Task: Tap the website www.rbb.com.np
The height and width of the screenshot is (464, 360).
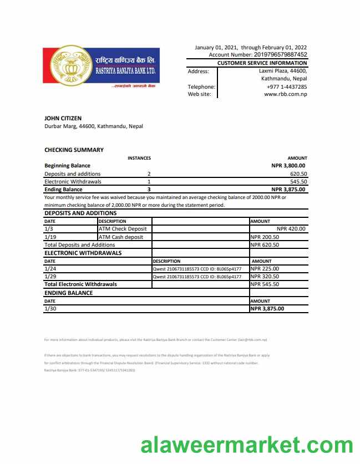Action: [286, 94]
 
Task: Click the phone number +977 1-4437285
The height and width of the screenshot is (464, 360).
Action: [287, 86]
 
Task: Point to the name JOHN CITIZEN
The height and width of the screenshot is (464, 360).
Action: [63, 118]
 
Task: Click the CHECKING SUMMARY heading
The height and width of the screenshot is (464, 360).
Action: [74, 150]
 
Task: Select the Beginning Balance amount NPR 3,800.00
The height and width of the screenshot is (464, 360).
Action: [288, 165]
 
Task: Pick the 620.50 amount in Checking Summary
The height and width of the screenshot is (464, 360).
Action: [298, 174]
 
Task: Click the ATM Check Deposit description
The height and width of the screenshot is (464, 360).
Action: [123, 228]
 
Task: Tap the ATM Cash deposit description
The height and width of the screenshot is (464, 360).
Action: [121, 237]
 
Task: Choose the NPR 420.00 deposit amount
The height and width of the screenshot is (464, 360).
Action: [291, 228]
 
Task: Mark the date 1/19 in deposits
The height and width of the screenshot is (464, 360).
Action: [49, 237]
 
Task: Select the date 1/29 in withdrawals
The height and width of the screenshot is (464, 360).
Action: [49, 276]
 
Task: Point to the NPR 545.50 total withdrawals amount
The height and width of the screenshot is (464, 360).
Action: [265, 284]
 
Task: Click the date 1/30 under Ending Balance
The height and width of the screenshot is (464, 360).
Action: [49, 309]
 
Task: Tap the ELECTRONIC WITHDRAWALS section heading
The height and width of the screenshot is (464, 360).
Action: [83, 253]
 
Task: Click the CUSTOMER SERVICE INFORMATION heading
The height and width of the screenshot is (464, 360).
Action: [262, 63]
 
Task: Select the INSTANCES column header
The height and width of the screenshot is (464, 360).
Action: [139, 158]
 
